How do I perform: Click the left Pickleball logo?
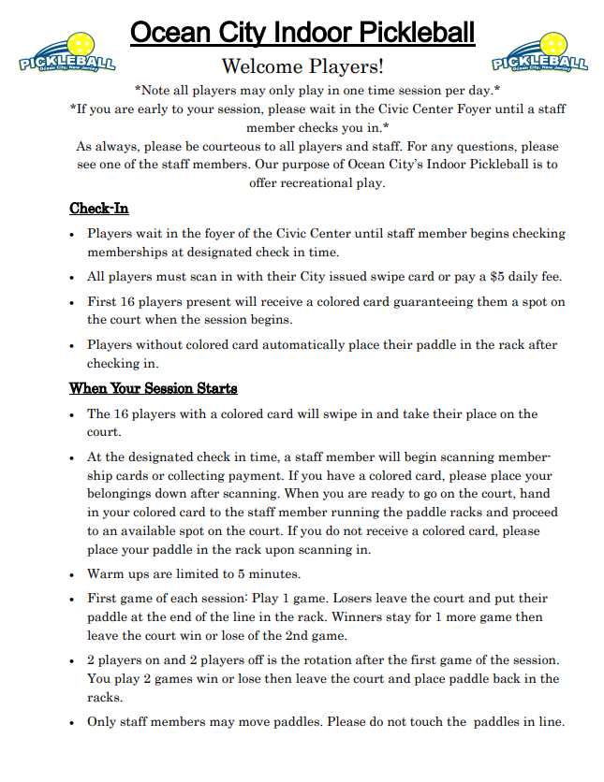tap(66, 53)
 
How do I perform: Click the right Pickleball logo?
tap(539, 53)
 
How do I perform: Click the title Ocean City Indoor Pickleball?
tap(302, 34)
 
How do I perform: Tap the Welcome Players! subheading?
tap(302, 66)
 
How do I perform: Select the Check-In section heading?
tap(98, 208)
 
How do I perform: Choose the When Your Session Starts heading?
tap(153, 387)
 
